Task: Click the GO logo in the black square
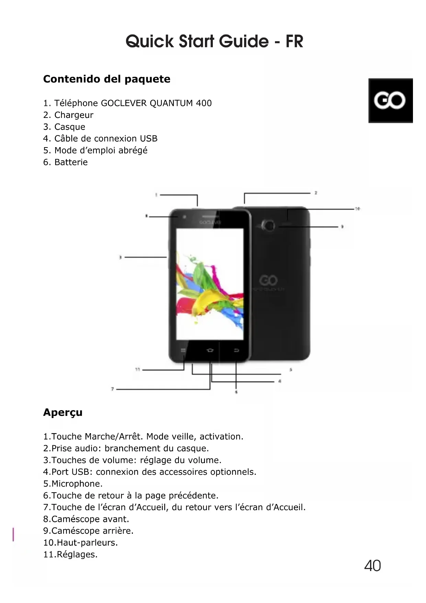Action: (390, 100)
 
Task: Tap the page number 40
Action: (372, 566)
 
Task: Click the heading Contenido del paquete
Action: (107, 79)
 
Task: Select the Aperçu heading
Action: (63, 412)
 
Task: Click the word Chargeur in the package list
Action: (74, 115)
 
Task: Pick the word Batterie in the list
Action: (71, 162)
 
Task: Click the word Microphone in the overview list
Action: (77, 484)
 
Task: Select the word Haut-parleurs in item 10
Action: (87, 542)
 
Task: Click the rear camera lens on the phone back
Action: (269, 226)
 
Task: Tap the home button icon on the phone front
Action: (210, 350)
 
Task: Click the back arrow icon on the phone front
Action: (237, 350)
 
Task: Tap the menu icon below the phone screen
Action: (183, 350)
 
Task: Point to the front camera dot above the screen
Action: (184, 217)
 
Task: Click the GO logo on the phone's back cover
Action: (268, 281)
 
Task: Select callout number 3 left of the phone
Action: (120, 257)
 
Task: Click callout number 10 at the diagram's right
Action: (357, 209)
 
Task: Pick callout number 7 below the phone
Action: (112, 389)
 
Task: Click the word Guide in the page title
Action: (244, 41)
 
